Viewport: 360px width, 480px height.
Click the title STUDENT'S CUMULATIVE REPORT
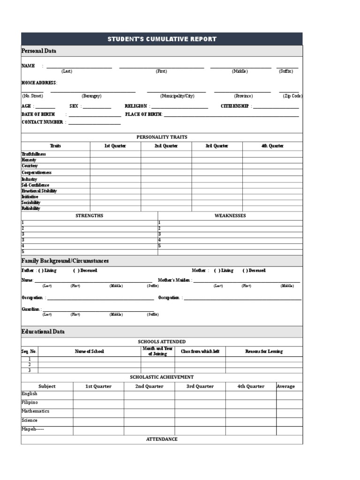click(162, 39)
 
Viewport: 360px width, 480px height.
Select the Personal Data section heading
click(39, 51)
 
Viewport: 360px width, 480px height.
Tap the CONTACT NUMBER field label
click(42, 122)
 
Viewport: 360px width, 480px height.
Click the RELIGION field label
click(136, 106)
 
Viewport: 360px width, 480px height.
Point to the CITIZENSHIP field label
click(235, 106)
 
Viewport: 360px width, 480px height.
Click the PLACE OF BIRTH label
click(143, 114)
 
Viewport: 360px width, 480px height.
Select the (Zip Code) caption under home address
click(292, 96)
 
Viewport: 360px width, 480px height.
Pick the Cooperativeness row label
click(37, 172)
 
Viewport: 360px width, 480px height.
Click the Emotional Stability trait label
click(39, 191)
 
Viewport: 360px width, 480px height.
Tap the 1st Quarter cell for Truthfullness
click(115, 154)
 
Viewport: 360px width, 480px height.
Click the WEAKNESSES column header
click(230, 216)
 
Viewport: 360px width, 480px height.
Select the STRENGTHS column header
click(89, 216)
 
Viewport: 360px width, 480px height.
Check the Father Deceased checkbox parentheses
click(76, 270)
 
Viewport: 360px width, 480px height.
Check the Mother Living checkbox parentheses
click(217, 270)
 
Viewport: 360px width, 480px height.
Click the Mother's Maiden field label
click(174, 280)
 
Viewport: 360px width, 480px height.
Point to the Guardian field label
click(31, 309)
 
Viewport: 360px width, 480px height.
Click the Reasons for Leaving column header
click(264, 351)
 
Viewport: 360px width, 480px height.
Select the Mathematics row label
click(35, 411)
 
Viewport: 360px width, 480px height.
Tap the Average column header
click(285, 386)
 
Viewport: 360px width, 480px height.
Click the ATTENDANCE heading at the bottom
click(162, 439)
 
